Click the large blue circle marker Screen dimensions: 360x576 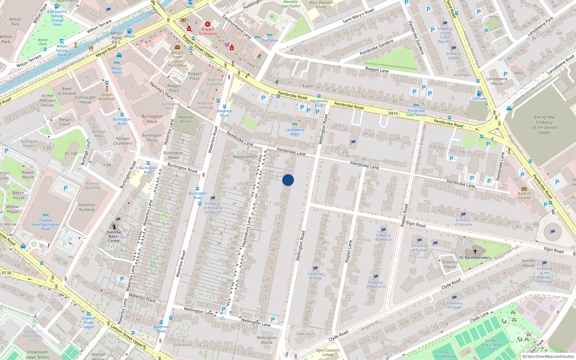click(288, 180)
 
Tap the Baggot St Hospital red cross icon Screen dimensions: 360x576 click(208, 24)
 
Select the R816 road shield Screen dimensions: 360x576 click(393, 113)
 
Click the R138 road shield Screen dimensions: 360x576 click(6, 273)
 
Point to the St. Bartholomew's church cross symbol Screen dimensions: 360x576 click(475, 251)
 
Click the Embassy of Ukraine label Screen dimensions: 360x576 click(463, 222)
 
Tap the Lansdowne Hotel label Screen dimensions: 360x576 click(295, 132)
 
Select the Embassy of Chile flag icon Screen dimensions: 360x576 click(315, 268)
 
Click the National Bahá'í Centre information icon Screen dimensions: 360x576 click(114, 226)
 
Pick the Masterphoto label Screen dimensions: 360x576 click(245, 157)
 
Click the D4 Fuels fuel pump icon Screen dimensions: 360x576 click(479, 93)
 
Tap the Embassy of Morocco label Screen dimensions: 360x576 click(375, 284)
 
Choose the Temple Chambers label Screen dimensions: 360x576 click(122, 141)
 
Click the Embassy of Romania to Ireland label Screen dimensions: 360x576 click(213, 208)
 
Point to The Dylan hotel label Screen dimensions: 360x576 click(270, 40)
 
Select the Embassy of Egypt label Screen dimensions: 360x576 click(454, 305)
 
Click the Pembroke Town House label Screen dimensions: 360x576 click(416, 113)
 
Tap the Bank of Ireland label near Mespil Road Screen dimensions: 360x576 click(67, 91)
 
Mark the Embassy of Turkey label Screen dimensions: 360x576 click(419, 248)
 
